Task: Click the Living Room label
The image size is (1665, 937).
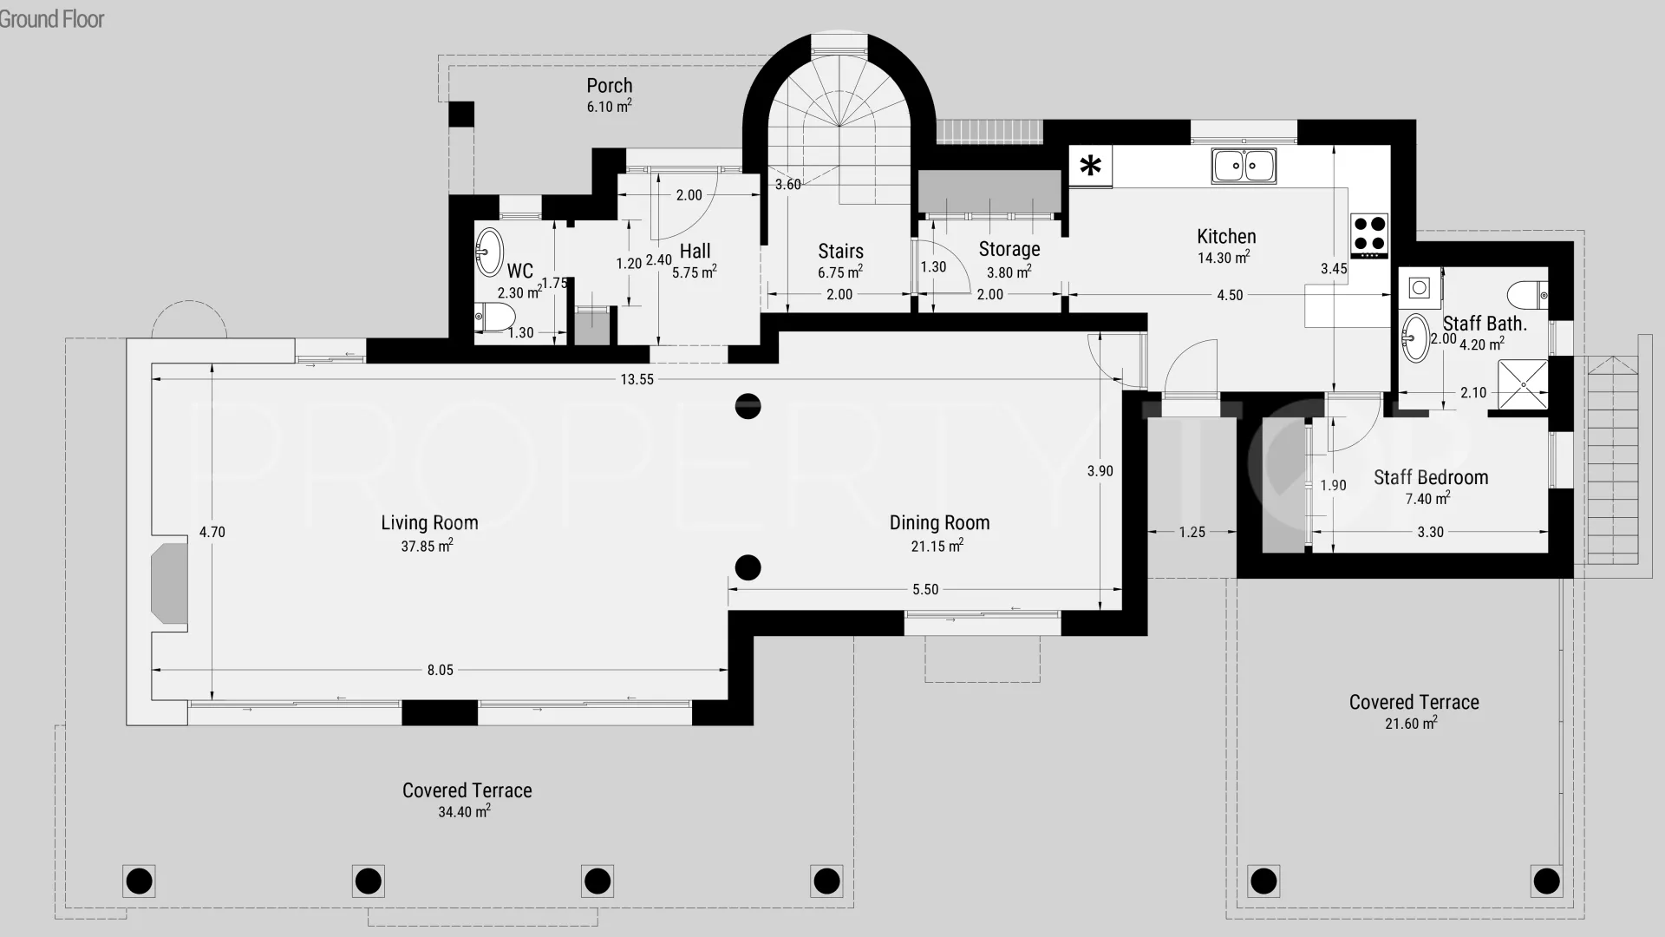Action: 429,522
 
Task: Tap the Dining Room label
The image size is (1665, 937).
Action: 939,522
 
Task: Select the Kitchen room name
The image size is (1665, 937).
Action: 1226,236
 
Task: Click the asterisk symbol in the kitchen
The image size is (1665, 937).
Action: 1091,165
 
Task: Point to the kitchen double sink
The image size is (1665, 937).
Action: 1244,165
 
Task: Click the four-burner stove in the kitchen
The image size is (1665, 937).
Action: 1369,235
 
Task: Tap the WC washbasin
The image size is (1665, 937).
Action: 489,251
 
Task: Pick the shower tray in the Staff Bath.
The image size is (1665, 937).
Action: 1523,383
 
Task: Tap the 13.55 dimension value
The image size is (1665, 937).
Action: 637,379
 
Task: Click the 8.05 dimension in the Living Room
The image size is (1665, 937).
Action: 440,670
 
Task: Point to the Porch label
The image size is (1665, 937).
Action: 610,85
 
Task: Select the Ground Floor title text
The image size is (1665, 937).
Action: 52,19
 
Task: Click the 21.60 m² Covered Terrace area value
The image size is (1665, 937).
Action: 1411,723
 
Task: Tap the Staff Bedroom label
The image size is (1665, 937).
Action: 1431,477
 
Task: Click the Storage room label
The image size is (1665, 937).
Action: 1009,249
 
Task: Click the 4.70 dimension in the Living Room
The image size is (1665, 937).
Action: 212,532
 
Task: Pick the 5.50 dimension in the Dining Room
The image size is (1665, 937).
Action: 925,589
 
